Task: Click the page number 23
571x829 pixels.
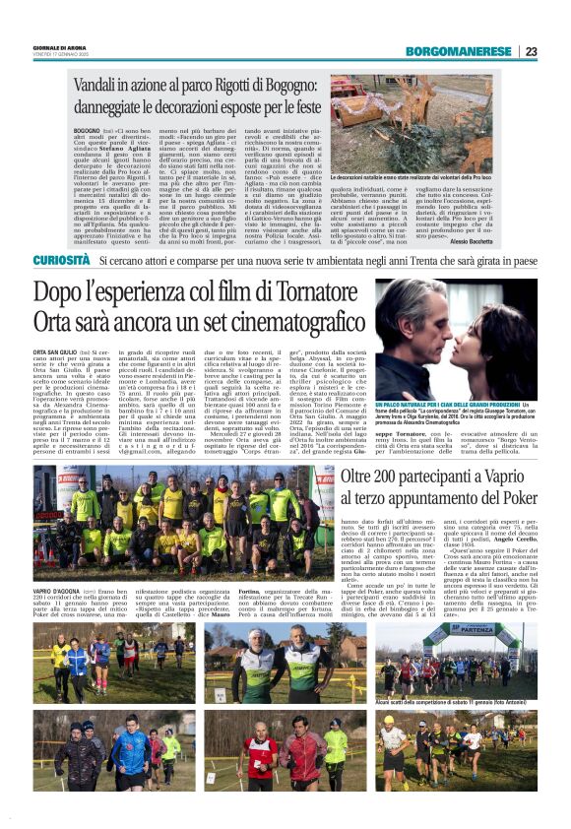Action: point(531,51)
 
